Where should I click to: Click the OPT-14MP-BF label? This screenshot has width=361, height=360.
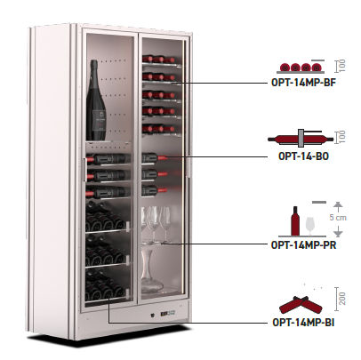point(303,83)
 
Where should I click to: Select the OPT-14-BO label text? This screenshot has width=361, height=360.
point(303,156)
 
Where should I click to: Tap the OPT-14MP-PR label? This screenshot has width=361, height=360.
point(303,245)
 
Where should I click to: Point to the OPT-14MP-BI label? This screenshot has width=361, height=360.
point(303,322)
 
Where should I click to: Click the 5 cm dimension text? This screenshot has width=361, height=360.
point(338,218)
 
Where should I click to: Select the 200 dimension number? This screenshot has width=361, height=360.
point(342,299)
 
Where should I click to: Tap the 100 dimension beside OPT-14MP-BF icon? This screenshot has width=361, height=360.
point(342,66)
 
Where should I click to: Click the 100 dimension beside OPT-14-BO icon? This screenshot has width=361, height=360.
point(342,137)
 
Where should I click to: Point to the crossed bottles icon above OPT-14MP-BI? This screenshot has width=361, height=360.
point(301,305)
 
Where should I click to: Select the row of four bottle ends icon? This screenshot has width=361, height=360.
point(301,67)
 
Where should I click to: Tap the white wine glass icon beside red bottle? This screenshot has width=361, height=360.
point(309,226)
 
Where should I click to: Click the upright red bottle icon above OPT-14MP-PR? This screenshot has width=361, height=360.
point(295,221)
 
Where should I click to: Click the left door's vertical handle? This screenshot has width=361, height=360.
point(85,170)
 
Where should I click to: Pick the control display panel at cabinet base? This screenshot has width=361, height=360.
point(167,314)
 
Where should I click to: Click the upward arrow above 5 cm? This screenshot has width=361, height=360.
point(338,206)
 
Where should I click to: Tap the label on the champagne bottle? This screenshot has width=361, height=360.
point(98,118)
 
